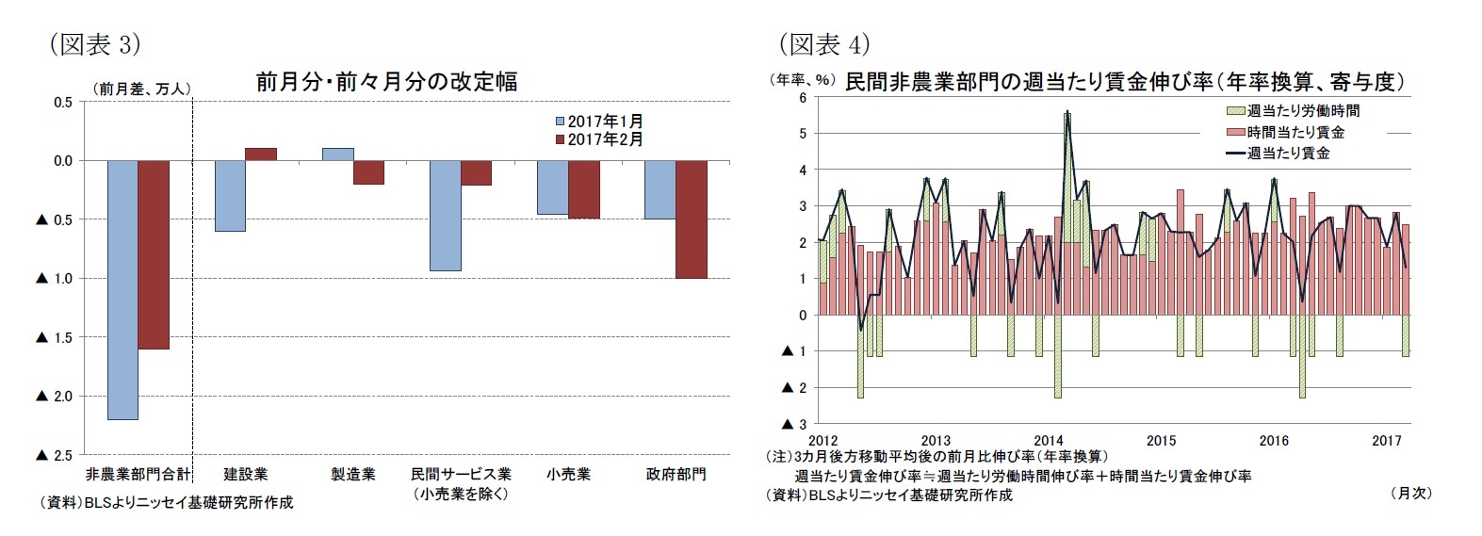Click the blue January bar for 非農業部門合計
pos(122,290)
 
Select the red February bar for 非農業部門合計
pos(154,254)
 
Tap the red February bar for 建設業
pos(261,154)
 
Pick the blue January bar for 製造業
pos(338,154)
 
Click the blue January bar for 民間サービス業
pos(446,216)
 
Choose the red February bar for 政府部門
pos(691,219)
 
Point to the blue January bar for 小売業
pos(553,187)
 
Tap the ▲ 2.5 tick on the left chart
pos(54,455)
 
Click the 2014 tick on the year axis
pos(1049,441)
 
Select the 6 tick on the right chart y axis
pos(803,97)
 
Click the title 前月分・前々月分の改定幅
pos(386,82)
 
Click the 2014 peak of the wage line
pos(1067,113)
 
